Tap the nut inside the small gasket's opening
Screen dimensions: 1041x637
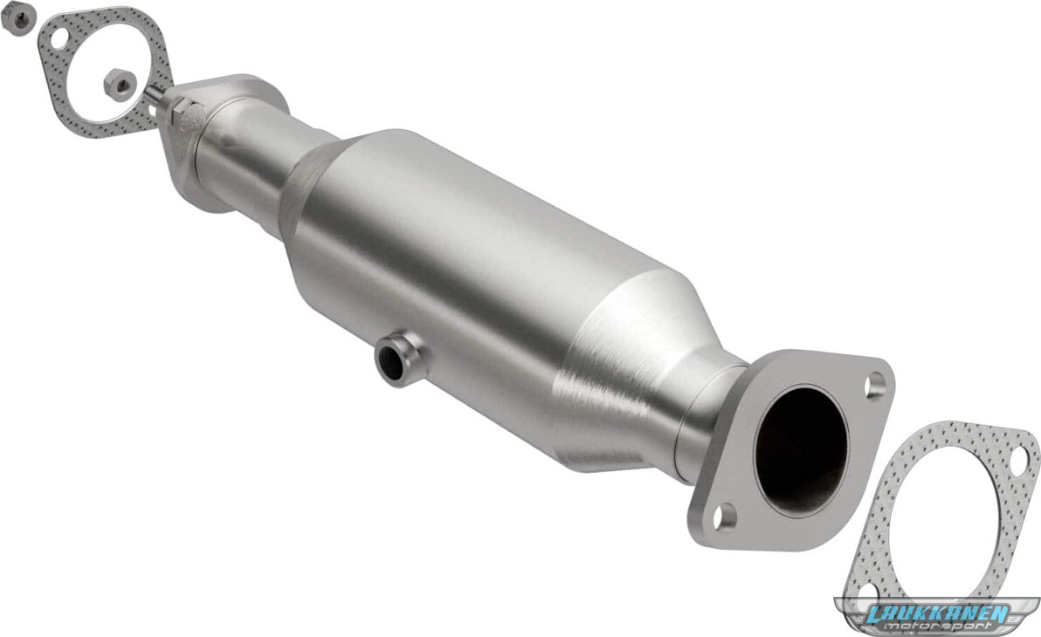120,84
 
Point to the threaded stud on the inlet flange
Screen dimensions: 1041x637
156,98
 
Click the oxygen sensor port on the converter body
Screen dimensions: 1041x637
397,359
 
